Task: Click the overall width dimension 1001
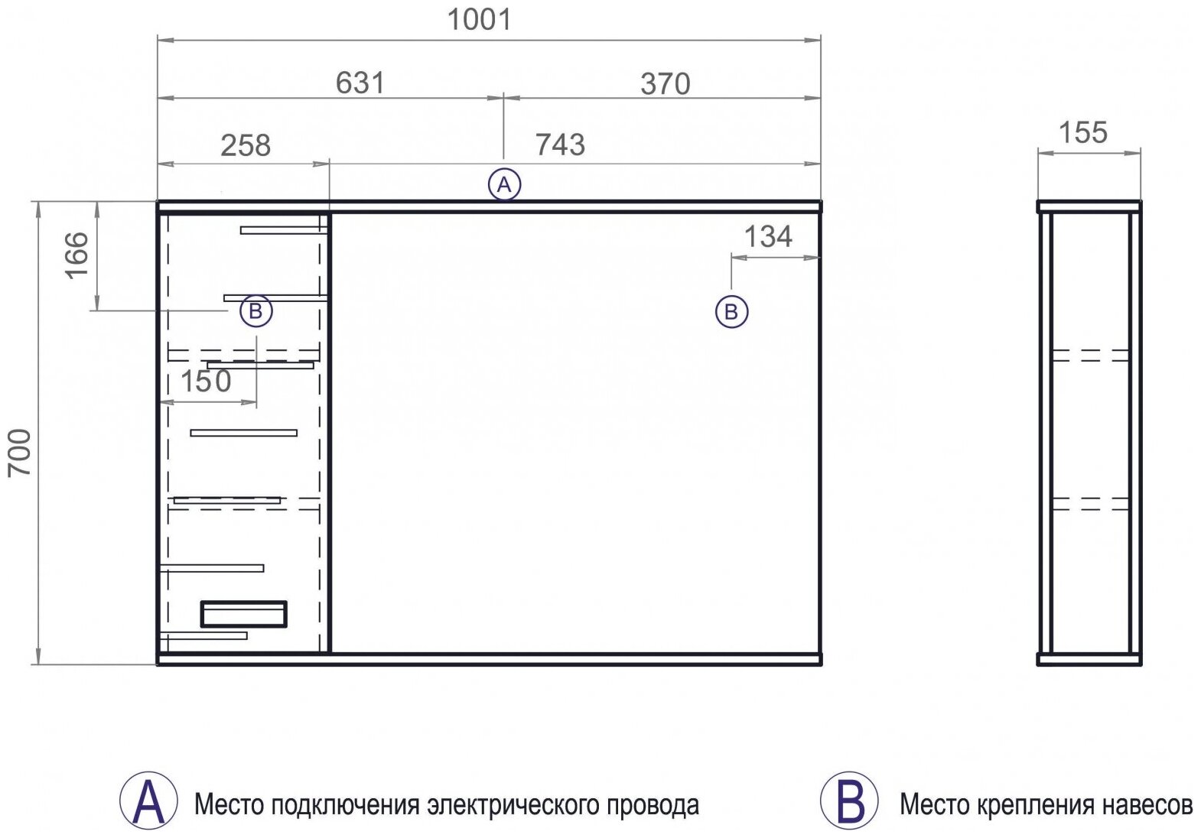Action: point(480,20)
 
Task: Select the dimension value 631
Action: point(360,83)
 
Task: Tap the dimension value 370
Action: point(666,84)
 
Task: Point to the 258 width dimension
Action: point(246,145)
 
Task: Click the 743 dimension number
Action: point(560,145)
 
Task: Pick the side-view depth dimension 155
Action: point(1083,133)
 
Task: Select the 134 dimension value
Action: point(768,236)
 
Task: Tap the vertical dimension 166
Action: point(77,255)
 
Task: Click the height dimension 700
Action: point(20,453)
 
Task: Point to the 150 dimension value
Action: point(206,382)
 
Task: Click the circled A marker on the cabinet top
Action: point(505,185)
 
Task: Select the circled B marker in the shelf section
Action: point(255,310)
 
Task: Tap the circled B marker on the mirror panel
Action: point(732,312)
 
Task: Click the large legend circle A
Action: point(148,801)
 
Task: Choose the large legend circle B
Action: point(849,801)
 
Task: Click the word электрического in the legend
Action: point(519,805)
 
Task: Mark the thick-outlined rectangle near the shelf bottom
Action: point(244,614)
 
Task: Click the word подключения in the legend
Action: point(345,806)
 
